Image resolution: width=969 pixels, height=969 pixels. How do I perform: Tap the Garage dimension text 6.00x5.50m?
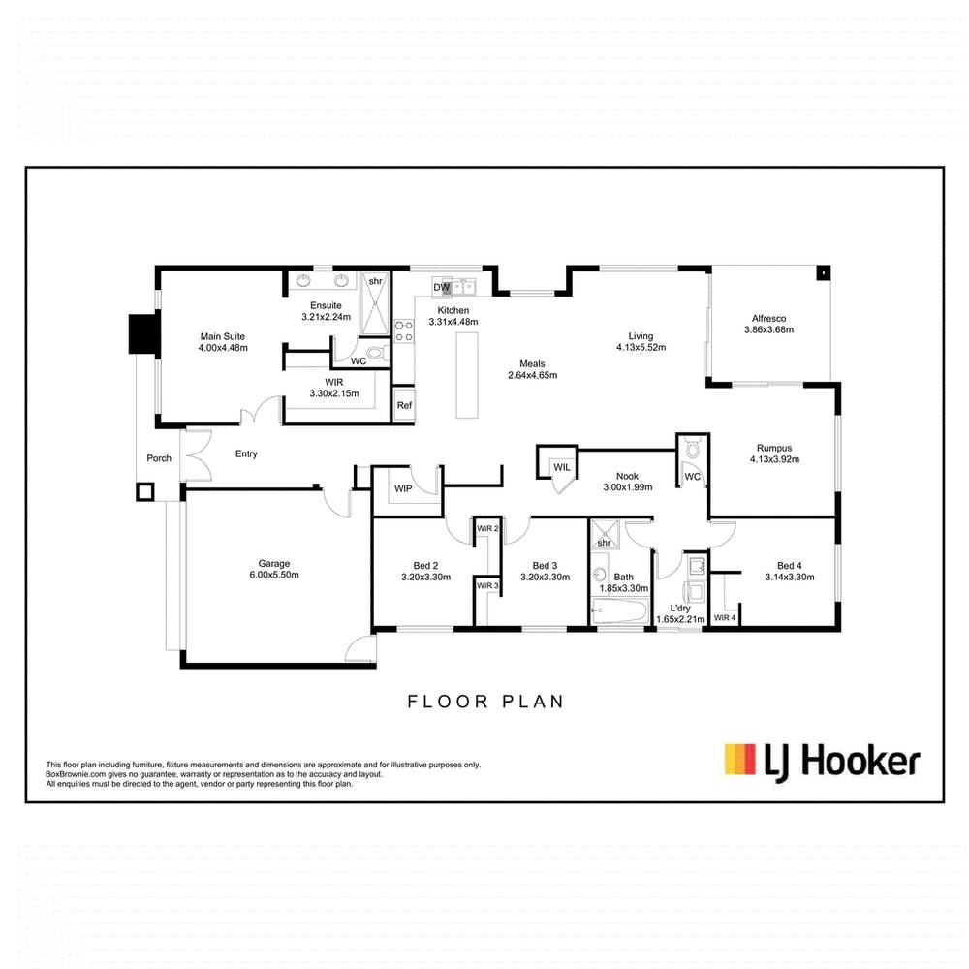tap(273, 575)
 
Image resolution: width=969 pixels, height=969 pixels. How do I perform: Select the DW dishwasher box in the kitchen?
tap(441, 288)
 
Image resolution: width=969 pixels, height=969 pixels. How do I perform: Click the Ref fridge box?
tap(403, 406)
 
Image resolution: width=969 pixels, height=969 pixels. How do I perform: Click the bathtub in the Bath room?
tap(620, 610)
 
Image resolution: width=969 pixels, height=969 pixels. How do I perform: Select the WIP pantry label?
tap(403, 488)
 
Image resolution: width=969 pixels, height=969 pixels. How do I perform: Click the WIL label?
tap(562, 467)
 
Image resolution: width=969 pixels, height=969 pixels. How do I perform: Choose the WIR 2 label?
tap(487, 528)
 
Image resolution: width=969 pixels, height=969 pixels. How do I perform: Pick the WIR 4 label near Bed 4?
tap(725, 617)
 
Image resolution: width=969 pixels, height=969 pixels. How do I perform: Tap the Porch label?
tap(158, 458)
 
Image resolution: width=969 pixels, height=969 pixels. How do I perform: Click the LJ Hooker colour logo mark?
tap(740, 760)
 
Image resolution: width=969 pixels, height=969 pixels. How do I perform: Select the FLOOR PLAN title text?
tap(484, 701)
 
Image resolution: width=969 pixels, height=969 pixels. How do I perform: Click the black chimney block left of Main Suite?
tap(143, 334)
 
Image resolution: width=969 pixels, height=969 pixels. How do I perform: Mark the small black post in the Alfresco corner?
tap(823, 273)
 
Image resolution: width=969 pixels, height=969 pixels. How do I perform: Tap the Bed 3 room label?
tap(545, 566)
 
